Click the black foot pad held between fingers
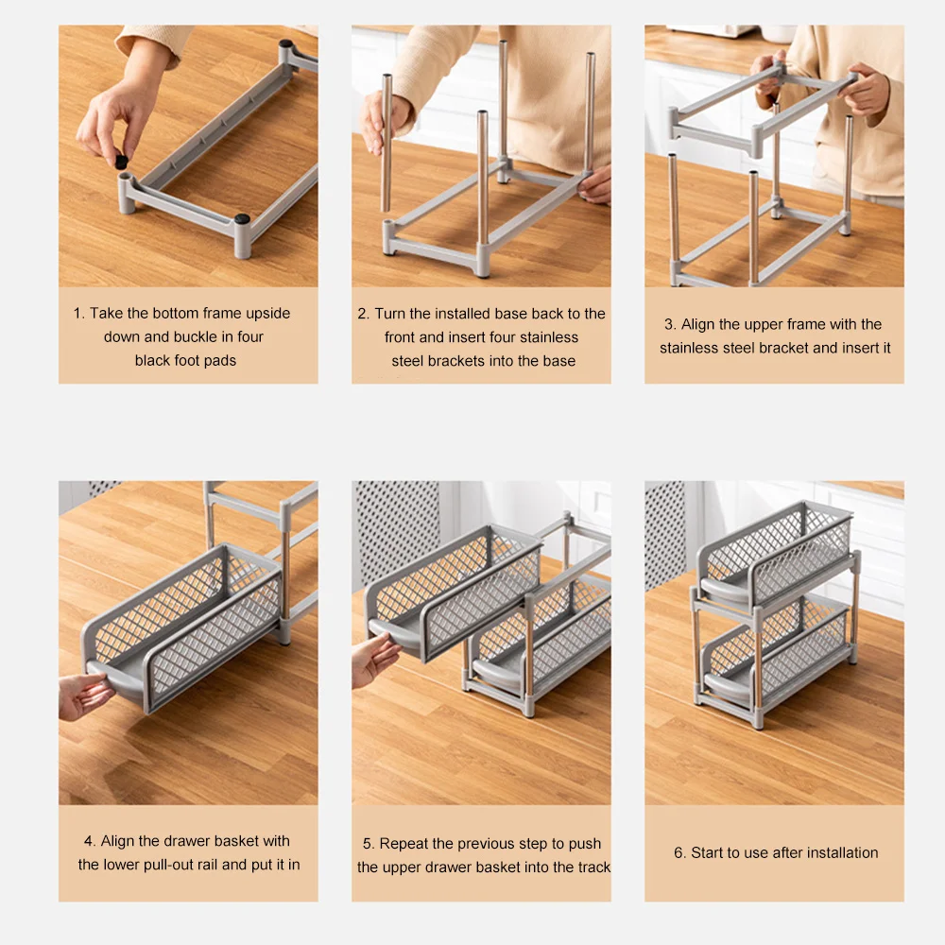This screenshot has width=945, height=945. (121, 161)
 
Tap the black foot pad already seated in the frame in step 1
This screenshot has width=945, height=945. (242, 219)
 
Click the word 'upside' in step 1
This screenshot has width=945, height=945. (268, 314)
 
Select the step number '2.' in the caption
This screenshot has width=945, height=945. (364, 314)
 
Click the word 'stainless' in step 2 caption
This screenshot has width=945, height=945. (548, 337)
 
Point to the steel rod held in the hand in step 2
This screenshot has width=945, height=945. (387, 143)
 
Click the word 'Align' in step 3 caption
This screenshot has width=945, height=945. (698, 324)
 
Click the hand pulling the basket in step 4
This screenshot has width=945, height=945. (84, 696)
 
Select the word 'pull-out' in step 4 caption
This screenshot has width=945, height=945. (192, 865)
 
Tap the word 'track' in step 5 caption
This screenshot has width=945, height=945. (593, 868)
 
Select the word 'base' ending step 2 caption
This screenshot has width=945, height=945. (559, 361)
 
